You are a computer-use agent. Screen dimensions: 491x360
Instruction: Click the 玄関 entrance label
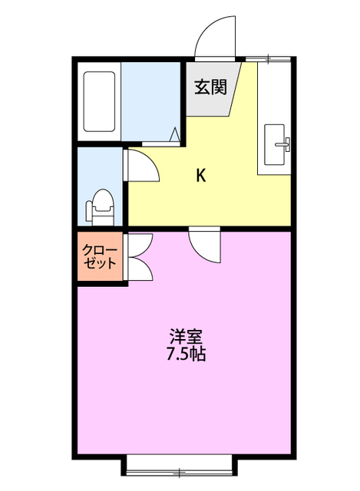pos(210,87)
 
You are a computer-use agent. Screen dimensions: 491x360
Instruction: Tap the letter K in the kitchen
pos(200,176)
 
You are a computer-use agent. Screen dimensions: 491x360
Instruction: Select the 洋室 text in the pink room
pos(187,337)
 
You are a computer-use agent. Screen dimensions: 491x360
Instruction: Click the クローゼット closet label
pos(101,257)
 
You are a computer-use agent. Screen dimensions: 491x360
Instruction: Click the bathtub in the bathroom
pos(99,102)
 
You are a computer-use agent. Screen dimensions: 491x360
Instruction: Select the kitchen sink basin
pos(275,144)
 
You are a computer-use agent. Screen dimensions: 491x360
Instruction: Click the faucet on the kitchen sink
pos(284,142)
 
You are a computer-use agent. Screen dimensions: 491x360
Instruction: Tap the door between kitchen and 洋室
pos(205,245)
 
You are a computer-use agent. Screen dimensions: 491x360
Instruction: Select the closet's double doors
pos(140,257)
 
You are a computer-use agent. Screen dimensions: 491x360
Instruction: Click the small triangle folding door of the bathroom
pos(176,136)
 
